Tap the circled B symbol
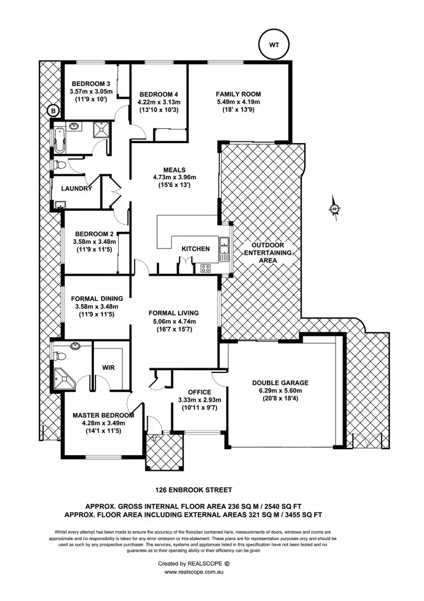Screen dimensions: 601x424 click(x=53, y=111)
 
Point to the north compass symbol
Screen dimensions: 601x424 click(x=335, y=209)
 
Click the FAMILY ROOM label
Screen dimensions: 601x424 click(x=239, y=94)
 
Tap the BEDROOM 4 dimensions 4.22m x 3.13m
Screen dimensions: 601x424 click(x=159, y=102)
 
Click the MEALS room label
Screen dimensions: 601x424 click(x=174, y=169)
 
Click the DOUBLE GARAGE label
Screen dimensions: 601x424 click(x=280, y=383)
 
